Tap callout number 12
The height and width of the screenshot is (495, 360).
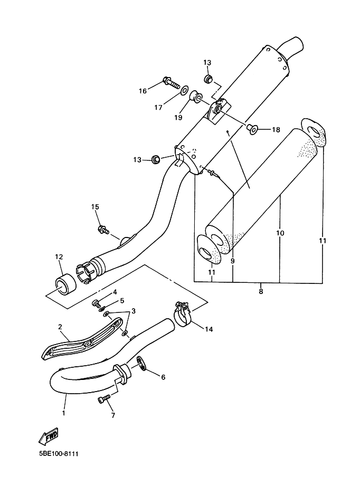coord(59,256)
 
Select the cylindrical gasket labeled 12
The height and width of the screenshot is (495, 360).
coord(66,286)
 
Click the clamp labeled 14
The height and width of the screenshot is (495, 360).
coord(183,314)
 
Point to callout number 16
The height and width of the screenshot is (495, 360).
coord(143,91)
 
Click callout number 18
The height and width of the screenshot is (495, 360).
coord(276,130)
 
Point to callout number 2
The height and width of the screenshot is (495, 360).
coord(60,327)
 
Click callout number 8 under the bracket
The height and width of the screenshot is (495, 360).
coord(261,291)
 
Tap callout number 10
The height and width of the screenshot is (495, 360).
coord(280,233)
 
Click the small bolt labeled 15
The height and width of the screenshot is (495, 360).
coord(103,229)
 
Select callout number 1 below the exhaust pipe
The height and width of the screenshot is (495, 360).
coord(63,413)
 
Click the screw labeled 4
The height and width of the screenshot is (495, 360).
coord(96,303)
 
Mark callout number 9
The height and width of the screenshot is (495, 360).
coord(232,261)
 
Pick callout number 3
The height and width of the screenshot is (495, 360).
coord(134,311)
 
